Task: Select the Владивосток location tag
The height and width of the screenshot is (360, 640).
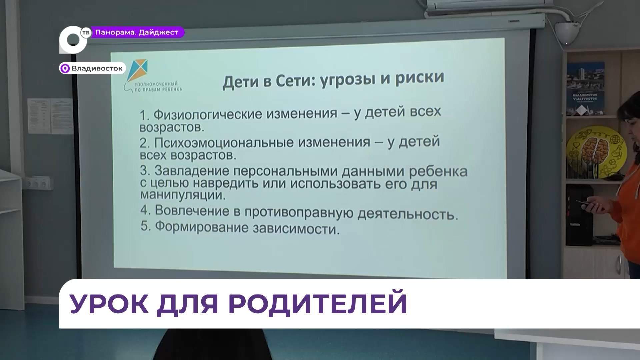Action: tap(93, 69)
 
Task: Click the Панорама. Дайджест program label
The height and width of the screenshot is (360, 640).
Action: tap(137, 32)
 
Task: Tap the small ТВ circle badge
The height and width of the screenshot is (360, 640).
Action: tap(85, 32)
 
